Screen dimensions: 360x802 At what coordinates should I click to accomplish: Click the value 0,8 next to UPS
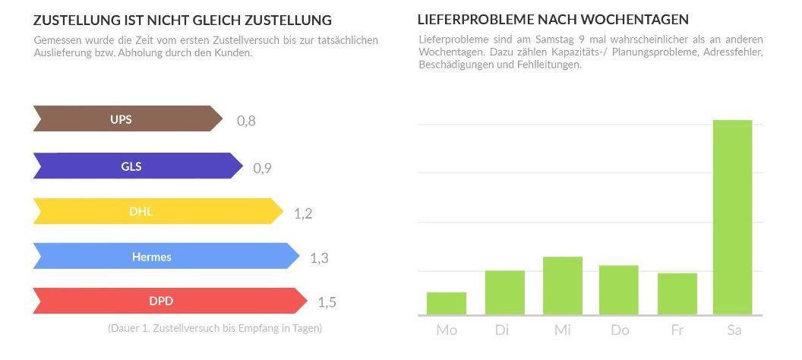(x=246, y=121)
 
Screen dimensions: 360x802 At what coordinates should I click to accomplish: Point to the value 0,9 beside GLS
(x=262, y=168)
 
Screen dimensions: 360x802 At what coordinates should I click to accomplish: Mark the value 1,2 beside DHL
(x=303, y=213)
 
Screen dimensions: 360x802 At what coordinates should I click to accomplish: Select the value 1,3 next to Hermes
(x=319, y=258)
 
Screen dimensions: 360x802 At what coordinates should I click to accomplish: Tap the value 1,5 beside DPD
(x=327, y=303)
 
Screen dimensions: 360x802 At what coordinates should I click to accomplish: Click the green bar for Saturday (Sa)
(x=733, y=217)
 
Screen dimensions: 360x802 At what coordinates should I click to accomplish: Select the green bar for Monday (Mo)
(x=447, y=303)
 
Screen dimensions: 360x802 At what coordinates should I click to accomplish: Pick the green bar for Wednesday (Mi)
(x=562, y=286)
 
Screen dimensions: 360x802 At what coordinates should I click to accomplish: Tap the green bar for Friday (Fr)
(x=677, y=294)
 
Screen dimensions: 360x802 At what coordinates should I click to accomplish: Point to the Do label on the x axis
(x=619, y=330)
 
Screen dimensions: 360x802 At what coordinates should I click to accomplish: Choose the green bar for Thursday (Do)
(x=619, y=290)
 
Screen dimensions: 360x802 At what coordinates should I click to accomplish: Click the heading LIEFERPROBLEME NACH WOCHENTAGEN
(x=554, y=19)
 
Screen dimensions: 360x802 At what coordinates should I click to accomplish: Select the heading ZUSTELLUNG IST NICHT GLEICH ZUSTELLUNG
(x=182, y=20)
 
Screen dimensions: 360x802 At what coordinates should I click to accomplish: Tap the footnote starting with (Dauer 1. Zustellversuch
(x=215, y=329)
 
